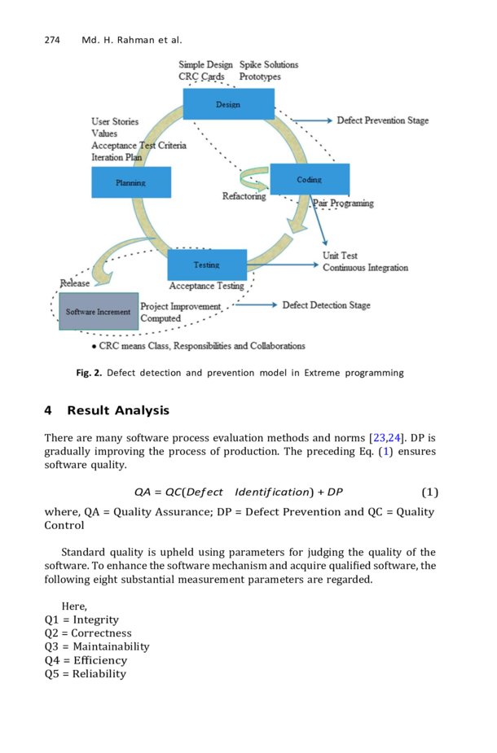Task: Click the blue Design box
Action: coord(228,104)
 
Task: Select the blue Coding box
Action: coord(309,179)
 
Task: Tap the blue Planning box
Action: coord(131,182)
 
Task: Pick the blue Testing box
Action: coord(206,265)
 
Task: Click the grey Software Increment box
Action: coord(98,312)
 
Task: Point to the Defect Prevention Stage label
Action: coord(382,120)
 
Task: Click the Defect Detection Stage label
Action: coord(326,305)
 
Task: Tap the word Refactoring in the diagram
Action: coord(244,196)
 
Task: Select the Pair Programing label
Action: coord(343,204)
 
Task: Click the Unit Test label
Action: coord(340,256)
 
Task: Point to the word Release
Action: coord(75,283)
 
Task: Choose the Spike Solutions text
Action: coord(269,64)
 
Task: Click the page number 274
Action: coord(54,40)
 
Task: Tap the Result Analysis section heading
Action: coord(118,410)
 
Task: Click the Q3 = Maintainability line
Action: coord(97,646)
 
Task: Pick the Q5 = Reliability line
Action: coord(86,673)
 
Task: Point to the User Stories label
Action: coord(114,121)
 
